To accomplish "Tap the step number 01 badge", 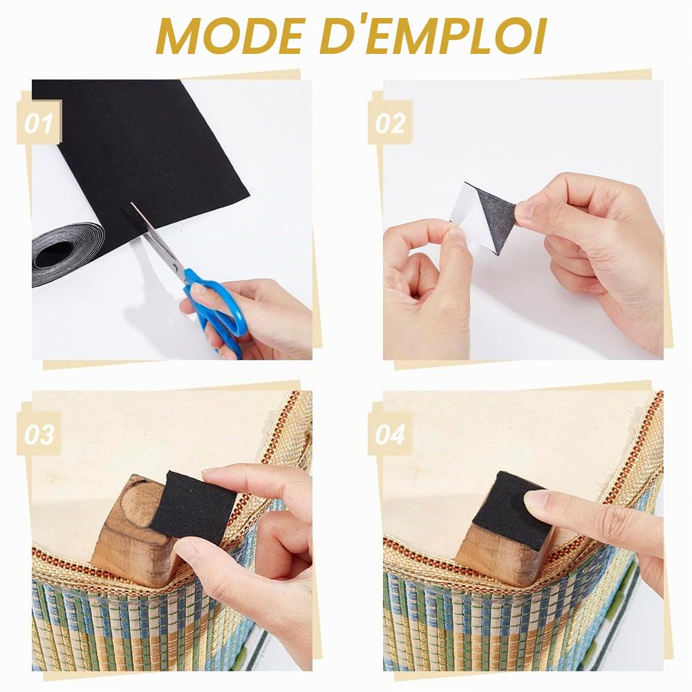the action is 39,122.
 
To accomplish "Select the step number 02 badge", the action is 390,122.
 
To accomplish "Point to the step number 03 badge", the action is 39,434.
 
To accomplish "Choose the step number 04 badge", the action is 390,434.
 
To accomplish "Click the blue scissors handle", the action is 216,309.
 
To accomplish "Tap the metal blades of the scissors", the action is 159,241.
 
